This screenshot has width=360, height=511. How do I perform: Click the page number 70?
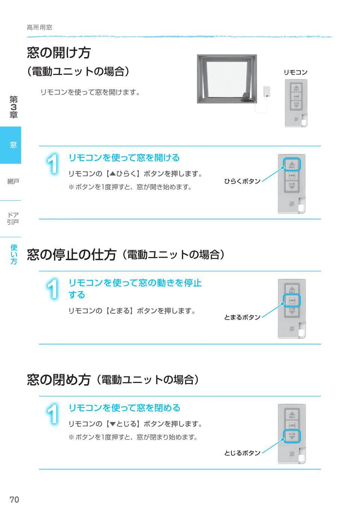click(x=14, y=499)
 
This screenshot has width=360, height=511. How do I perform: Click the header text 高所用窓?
click(x=39, y=27)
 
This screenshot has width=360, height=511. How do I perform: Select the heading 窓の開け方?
click(x=59, y=53)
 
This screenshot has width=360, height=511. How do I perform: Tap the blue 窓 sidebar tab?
click(x=11, y=145)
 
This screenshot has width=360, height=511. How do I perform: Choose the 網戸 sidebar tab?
click(x=13, y=182)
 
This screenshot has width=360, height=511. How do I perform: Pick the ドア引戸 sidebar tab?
click(x=13, y=218)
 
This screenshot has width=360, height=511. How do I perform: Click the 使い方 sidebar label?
click(x=13, y=254)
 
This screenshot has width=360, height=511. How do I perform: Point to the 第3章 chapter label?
click(x=13, y=107)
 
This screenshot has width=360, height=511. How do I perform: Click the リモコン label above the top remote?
click(x=295, y=72)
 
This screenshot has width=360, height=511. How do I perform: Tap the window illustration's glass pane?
click(x=225, y=79)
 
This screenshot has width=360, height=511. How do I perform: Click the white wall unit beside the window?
click(x=267, y=91)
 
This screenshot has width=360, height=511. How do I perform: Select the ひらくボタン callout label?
click(x=242, y=181)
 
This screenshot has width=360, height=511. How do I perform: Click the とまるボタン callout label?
click(x=242, y=317)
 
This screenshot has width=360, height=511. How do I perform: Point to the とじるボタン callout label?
click(x=242, y=453)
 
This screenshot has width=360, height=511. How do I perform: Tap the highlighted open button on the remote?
click(x=292, y=164)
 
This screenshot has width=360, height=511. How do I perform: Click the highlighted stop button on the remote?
click(x=292, y=301)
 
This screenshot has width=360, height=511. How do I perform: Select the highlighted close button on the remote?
click(x=292, y=436)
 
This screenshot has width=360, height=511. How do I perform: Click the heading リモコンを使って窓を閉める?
click(x=124, y=408)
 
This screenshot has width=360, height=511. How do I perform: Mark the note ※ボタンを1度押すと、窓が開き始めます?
click(x=130, y=187)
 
